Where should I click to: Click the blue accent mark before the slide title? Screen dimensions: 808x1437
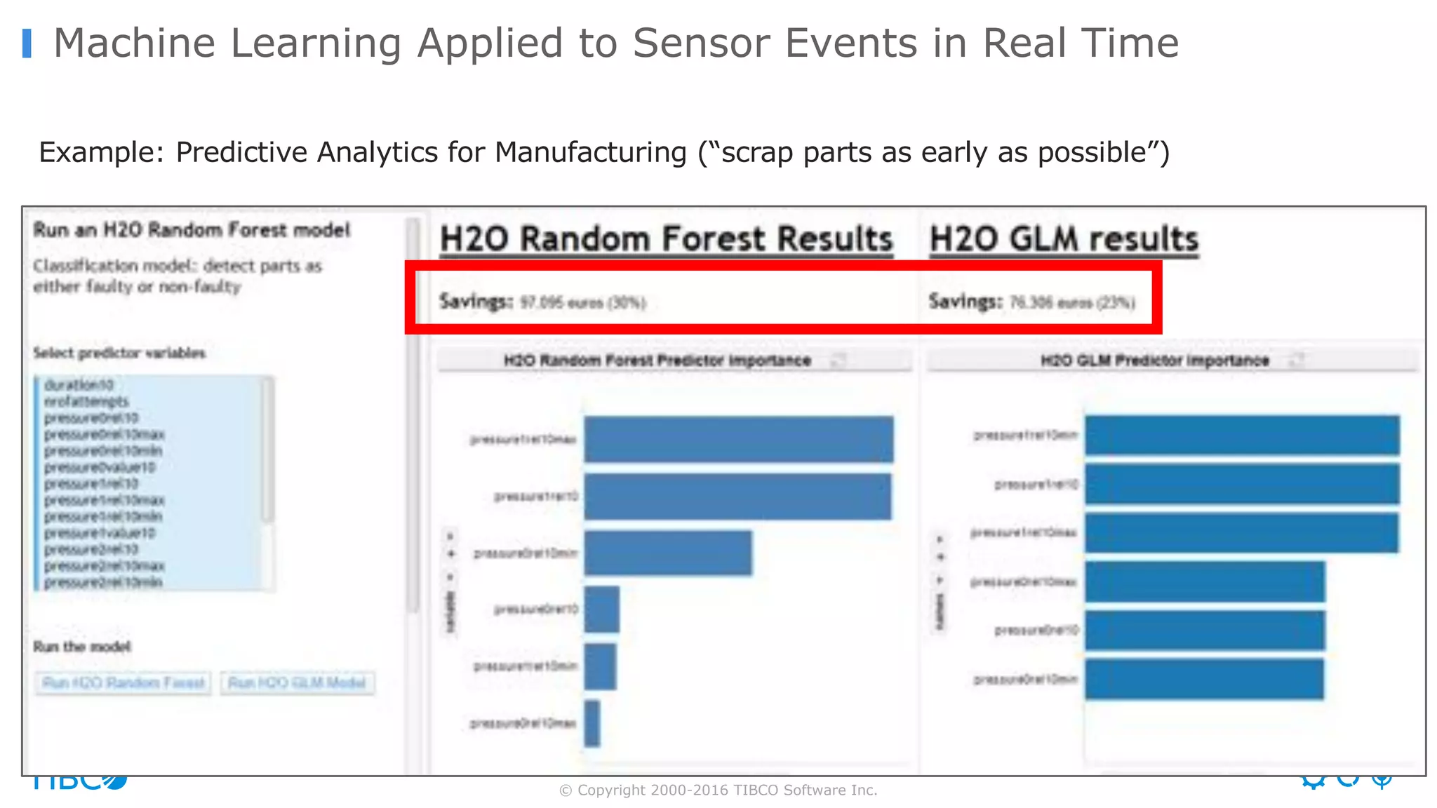point(27,43)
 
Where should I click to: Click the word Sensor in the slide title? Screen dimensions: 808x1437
point(702,43)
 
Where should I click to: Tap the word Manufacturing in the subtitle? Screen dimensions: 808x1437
point(590,152)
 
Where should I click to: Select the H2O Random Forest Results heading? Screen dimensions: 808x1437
point(666,239)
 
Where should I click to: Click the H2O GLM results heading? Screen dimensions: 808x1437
point(1064,239)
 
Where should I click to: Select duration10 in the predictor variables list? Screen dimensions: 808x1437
point(79,385)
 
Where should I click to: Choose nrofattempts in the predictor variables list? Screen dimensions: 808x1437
point(86,401)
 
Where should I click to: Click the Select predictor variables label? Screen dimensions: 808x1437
point(119,353)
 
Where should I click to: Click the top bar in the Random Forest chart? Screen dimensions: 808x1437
point(738,440)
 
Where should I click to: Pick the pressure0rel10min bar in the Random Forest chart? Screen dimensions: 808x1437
point(667,553)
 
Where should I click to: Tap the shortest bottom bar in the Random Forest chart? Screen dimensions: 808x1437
point(592,723)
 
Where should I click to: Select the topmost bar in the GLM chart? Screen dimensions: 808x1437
point(1242,436)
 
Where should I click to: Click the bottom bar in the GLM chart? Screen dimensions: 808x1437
point(1204,679)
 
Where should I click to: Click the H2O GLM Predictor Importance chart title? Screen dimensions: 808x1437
point(1154,361)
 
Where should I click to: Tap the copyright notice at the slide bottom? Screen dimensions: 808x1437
point(718,790)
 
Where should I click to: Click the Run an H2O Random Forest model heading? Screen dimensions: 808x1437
point(192,230)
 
